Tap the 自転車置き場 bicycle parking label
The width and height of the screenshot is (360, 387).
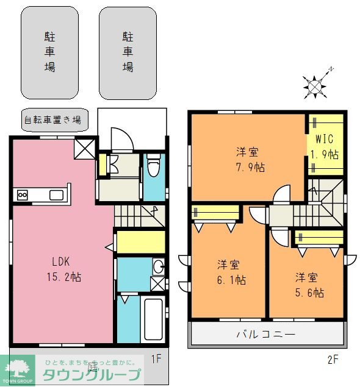52,119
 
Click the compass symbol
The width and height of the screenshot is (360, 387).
314,86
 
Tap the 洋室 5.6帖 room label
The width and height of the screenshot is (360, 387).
309,285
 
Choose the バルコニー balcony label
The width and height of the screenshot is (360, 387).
266,335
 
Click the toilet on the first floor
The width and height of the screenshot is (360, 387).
154,166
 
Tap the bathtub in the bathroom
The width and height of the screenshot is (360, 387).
153,320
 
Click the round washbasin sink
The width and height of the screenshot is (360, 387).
158,266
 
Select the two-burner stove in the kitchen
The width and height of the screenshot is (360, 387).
23,195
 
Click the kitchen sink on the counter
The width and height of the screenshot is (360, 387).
56,195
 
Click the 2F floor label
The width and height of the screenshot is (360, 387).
333,359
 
